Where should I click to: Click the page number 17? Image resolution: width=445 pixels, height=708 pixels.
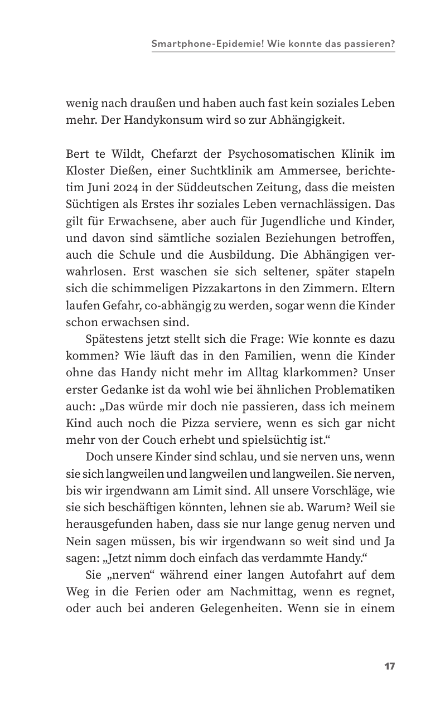(389, 666)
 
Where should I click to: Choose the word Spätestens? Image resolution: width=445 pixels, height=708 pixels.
(115, 339)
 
